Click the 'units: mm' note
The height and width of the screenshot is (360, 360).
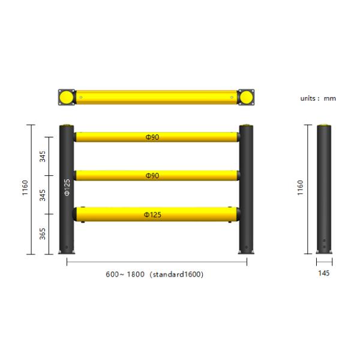318,98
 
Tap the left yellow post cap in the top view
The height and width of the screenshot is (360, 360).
66,97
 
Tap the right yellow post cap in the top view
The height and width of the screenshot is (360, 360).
245,97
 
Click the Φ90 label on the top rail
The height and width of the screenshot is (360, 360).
152,137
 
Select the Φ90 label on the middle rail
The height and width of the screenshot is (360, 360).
152,176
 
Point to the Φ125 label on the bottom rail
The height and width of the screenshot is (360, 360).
152,214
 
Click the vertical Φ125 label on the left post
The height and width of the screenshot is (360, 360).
67,188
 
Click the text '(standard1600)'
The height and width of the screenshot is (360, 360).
176,274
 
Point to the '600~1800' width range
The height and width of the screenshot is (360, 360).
125,274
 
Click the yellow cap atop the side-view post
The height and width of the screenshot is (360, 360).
325,125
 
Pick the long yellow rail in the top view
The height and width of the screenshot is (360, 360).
156,97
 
